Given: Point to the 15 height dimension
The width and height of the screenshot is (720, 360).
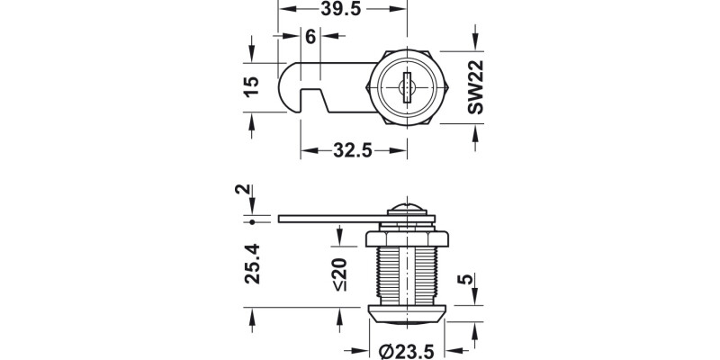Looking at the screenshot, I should coord(252,86).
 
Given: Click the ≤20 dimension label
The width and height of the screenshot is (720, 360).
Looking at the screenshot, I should coord(338,274).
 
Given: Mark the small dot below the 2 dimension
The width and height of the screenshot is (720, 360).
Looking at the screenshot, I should coord(254,221).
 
